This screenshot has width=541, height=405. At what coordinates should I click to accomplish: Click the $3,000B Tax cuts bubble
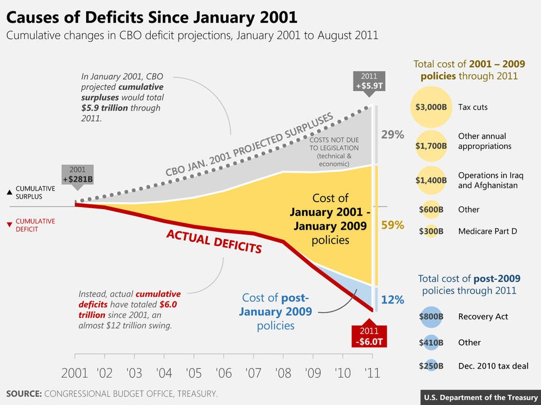(431, 107)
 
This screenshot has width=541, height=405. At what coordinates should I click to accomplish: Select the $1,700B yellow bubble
(431, 146)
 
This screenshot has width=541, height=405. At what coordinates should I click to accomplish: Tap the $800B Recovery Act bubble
(431, 316)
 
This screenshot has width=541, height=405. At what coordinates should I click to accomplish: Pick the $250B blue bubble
(431, 366)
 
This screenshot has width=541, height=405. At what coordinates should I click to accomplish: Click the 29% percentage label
(393, 135)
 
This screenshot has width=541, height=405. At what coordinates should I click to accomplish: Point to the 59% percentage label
(393, 225)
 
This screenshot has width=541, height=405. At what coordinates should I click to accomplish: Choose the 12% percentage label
(393, 300)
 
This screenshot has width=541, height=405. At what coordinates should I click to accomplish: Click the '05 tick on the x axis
(194, 373)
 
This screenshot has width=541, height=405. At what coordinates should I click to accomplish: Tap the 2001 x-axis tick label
(74, 373)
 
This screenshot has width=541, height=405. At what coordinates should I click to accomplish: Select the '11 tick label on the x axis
(372, 373)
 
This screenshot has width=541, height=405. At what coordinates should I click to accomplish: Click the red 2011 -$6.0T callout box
(369, 336)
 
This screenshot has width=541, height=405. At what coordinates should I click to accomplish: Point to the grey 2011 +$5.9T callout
(369, 81)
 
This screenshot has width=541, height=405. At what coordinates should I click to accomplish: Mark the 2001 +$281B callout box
(78, 175)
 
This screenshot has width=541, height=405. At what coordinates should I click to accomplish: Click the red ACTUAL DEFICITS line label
(214, 241)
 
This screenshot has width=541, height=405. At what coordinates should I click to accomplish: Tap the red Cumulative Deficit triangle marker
(9, 225)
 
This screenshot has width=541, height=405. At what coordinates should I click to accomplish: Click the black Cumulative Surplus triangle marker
(9, 192)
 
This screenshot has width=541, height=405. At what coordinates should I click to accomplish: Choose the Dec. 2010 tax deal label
(493, 366)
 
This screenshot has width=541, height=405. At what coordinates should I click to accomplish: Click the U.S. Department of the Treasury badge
(481, 398)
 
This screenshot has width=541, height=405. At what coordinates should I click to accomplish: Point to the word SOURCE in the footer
(24, 394)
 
